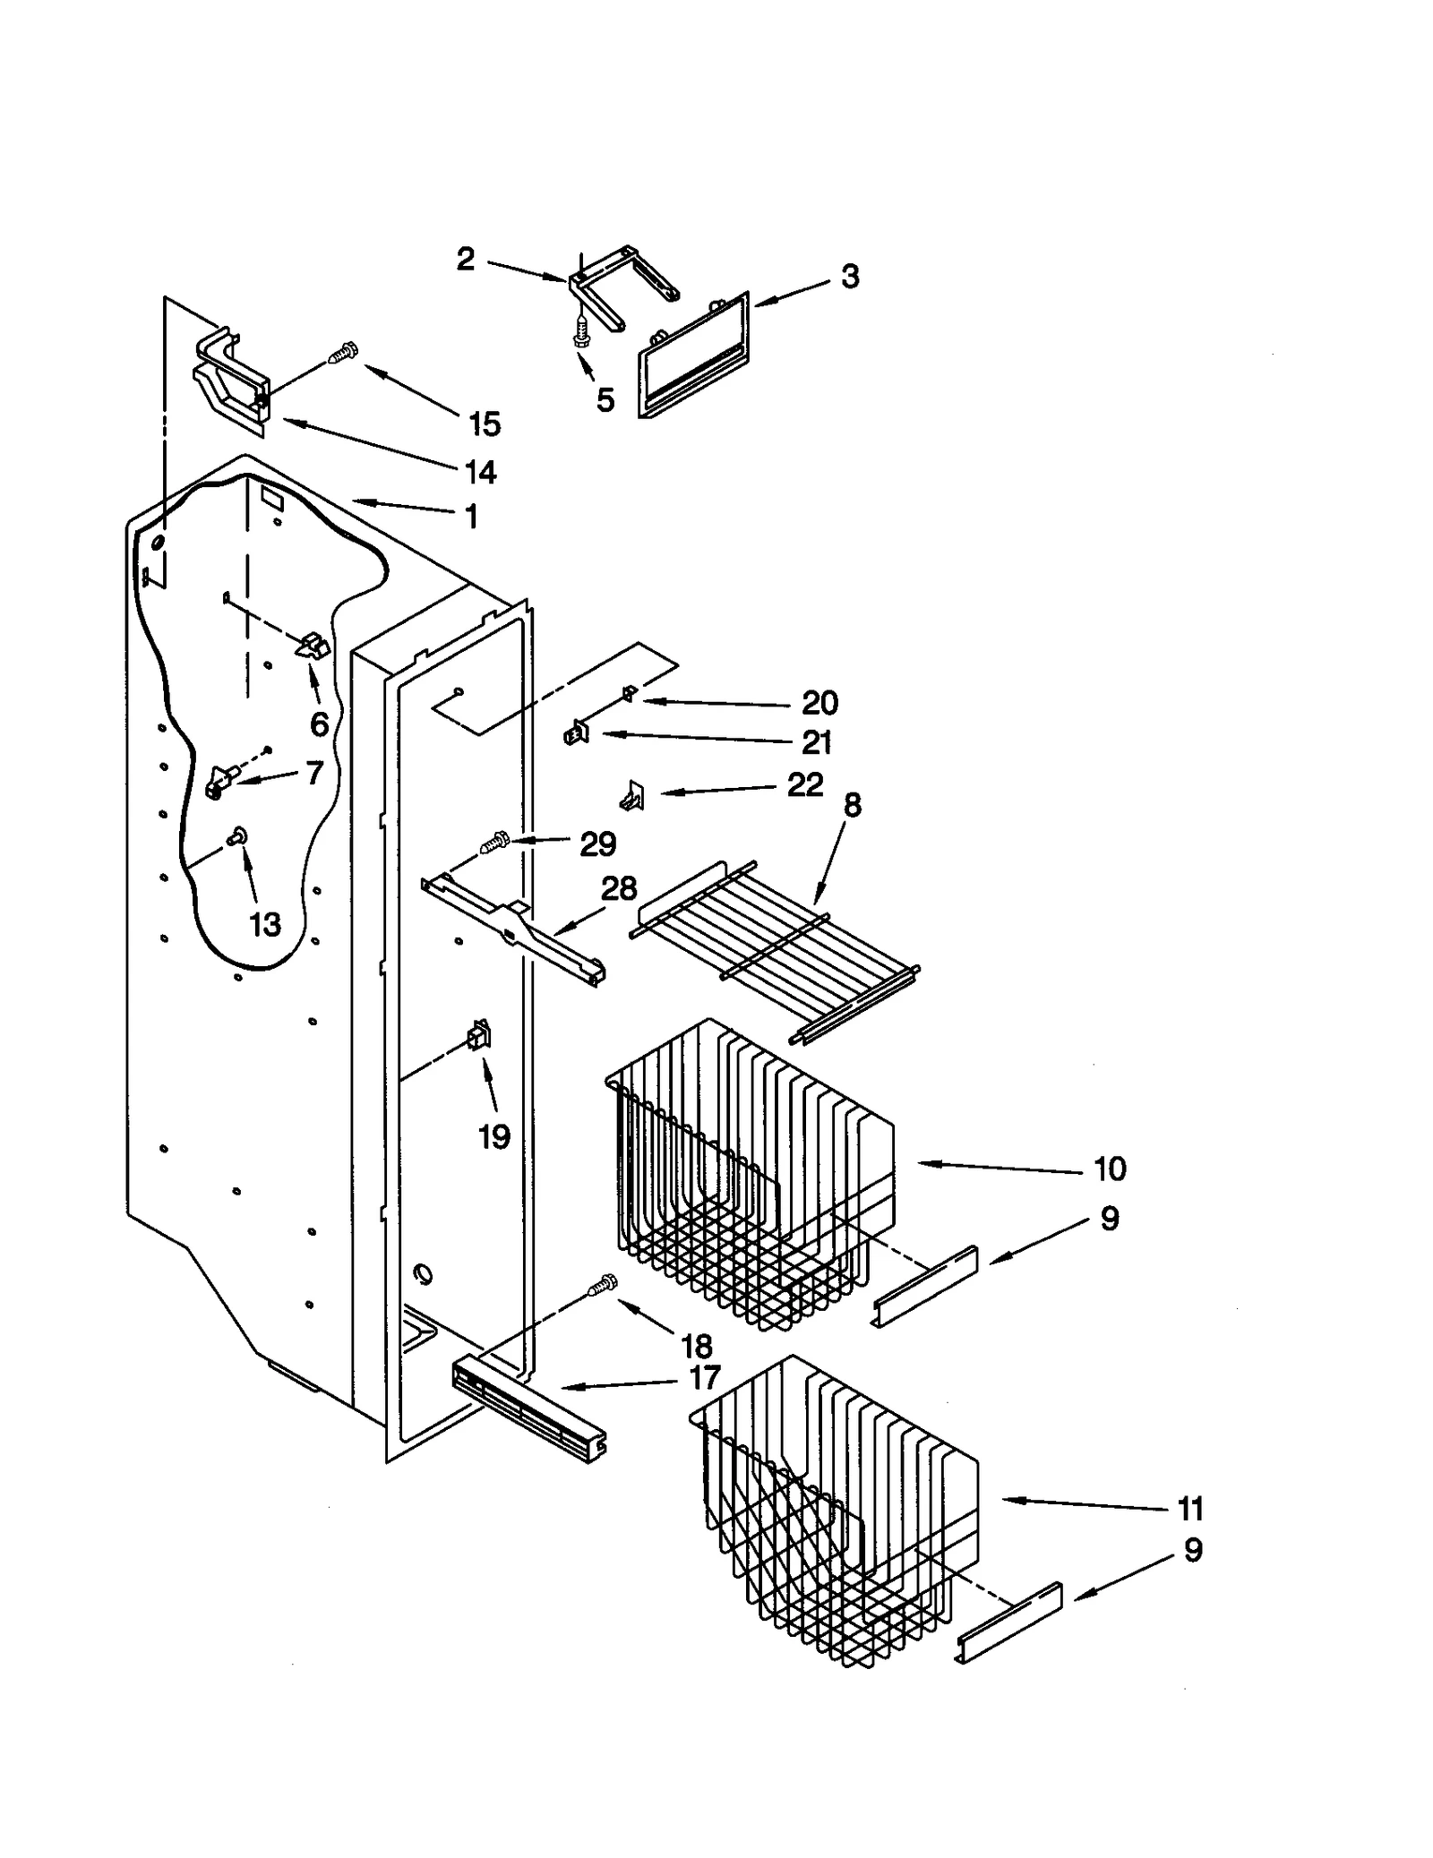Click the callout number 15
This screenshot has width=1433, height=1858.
point(485,424)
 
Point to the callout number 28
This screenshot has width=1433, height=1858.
point(618,888)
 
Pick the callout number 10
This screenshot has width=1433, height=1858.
point(1110,1168)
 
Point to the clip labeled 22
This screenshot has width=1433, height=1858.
point(634,793)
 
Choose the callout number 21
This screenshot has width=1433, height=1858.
point(816,742)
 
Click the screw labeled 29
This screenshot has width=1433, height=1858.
point(494,842)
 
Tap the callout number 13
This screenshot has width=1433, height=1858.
point(264,923)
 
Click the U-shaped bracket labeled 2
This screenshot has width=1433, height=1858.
point(623,287)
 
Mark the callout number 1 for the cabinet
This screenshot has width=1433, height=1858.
point(471,517)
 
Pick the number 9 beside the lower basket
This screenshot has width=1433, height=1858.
point(1192,1550)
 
